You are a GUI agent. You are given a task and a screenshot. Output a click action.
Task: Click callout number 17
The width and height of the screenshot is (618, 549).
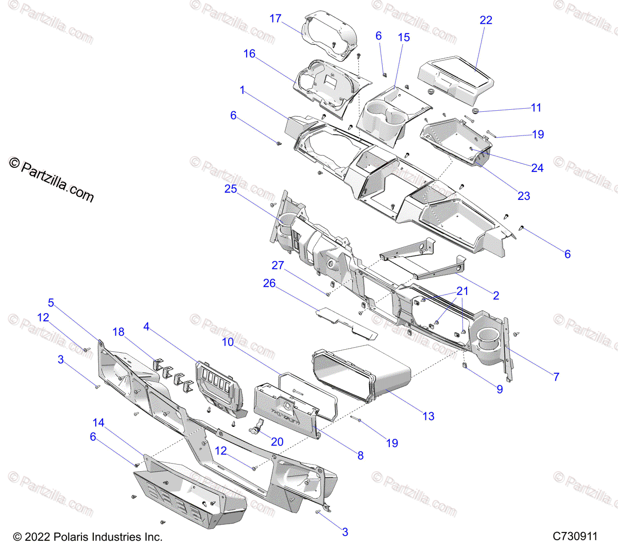tap(276, 19)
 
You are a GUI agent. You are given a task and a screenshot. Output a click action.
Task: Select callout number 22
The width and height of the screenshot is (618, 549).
tap(486, 20)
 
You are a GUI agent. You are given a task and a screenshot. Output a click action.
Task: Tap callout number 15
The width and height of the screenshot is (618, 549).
tap(404, 37)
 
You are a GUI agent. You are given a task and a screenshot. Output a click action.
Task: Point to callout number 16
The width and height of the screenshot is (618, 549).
tap(249, 54)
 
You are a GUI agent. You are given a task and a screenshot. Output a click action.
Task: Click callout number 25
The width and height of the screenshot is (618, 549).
tap(230, 189)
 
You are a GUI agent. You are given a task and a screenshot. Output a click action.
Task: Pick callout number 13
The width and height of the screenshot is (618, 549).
tap(428, 416)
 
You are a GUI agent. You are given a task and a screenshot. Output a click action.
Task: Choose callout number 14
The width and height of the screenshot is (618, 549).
tap(98, 423)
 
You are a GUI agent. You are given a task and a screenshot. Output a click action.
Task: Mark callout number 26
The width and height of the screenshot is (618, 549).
tap(269, 283)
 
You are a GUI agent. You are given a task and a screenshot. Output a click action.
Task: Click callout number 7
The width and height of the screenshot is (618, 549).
tap(556, 376)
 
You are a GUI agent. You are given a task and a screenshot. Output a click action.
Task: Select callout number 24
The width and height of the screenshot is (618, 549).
tap(537, 168)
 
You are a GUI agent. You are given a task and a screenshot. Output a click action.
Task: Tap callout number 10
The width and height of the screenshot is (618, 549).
tap(228, 342)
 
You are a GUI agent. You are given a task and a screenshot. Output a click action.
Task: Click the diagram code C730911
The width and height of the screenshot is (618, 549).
tap(575, 536)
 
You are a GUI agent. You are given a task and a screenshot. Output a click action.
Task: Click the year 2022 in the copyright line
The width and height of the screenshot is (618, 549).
tap(38, 537)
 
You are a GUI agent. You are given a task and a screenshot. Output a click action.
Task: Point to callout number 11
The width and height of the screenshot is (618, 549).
tap(536, 108)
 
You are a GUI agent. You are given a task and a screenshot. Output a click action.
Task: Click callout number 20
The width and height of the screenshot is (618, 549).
tap(277, 442)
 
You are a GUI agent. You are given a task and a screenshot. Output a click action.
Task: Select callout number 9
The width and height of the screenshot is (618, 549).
tap(500, 389)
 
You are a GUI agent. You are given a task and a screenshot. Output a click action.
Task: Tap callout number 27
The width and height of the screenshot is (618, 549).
tap(278, 265)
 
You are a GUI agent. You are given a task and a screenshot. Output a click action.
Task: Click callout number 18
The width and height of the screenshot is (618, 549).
tap(118, 332)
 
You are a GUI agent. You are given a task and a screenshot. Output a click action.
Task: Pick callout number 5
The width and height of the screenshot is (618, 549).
tap(51, 303)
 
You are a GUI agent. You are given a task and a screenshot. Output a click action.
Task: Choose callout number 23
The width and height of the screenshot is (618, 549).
tap(524, 196)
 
